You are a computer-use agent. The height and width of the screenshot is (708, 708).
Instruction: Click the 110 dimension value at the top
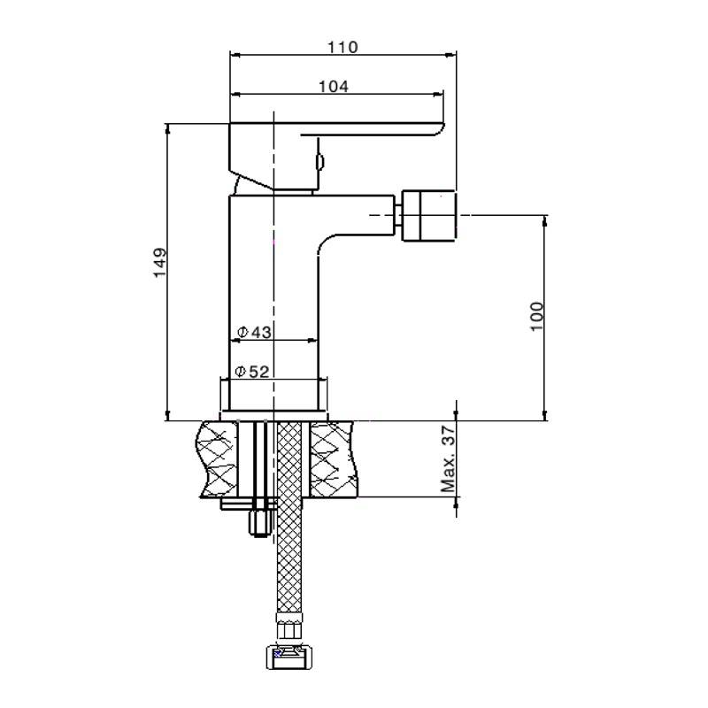pos(342,47)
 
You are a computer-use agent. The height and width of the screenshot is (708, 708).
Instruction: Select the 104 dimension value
pos(333,86)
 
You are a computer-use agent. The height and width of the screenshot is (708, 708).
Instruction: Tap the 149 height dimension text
pos(160,263)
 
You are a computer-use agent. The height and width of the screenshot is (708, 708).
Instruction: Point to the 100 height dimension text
pos(537,316)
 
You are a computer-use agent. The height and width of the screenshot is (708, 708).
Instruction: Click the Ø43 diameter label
pos(254,332)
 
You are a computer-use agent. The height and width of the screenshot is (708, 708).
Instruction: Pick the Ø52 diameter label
pos(253,372)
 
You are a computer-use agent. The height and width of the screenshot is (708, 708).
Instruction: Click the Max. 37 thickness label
pos(449,458)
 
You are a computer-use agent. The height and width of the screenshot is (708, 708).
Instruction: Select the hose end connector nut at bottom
pos(289,657)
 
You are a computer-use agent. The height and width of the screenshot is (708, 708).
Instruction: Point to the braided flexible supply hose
pos(289,549)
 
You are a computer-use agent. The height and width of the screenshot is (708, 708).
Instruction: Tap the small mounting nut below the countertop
pos(259,522)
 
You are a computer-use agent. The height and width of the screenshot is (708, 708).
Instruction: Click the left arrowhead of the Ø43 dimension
pos(235,340)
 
